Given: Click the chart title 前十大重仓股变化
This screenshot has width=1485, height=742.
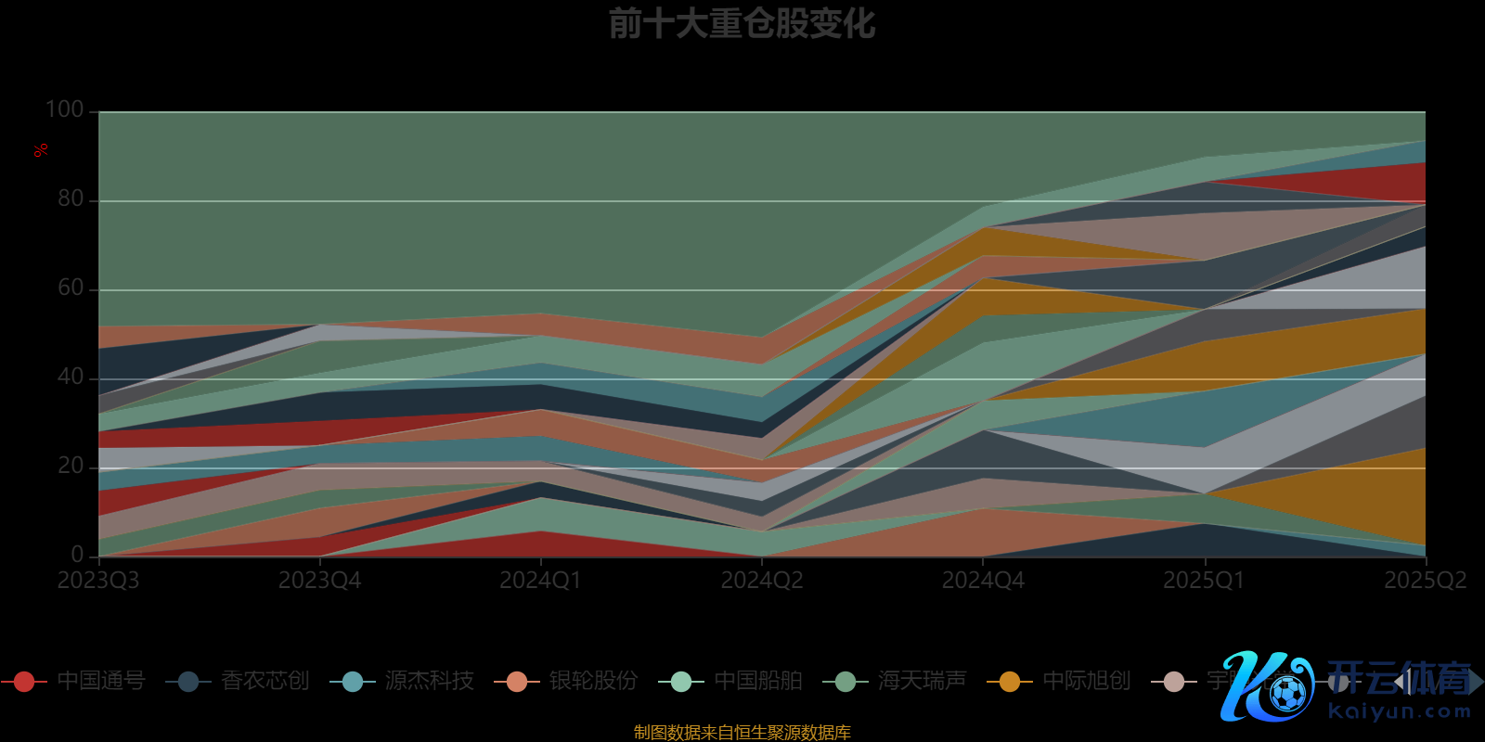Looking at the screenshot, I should (x=742, y=24).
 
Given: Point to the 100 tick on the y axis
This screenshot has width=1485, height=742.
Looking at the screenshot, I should (x=65, y=109).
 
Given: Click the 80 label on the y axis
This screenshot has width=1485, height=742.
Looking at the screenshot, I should (x=71, y=198).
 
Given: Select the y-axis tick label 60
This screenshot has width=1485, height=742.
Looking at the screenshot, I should (x=71, y=288).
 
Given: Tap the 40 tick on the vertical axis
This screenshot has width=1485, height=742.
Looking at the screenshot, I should (x=71, y=377).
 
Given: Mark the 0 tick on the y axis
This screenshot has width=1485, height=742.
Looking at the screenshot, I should (x=77, y=555).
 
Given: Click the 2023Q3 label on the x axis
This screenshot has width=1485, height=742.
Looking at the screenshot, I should (x=98, y=581).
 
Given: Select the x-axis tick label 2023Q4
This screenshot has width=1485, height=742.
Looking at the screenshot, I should (x=319, y=581).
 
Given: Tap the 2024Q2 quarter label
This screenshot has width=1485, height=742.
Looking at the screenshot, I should (x=762, y=581).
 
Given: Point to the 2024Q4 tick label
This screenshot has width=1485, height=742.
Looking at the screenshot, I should (x=983, y=581).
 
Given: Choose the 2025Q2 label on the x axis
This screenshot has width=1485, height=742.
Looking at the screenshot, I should (x=1425, y=581).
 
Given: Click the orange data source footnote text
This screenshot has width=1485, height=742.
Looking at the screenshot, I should (x=742, y=733).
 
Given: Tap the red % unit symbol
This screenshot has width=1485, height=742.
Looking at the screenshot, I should (x=41, y=150).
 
